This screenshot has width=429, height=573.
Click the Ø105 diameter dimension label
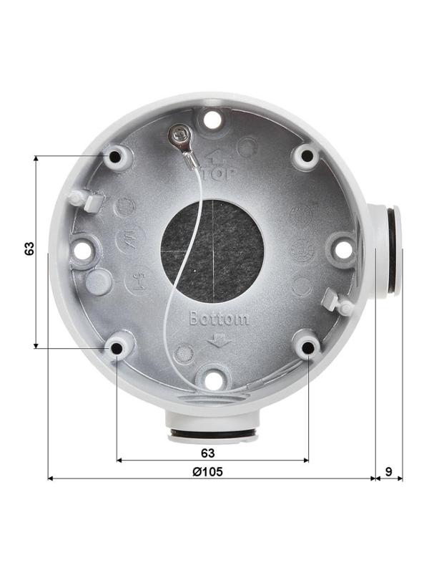coord(207,471)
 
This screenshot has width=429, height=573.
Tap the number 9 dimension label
coord(388,471)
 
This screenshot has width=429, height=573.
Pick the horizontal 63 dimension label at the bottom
coord(207,453)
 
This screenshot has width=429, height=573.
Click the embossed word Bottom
coord(219,319)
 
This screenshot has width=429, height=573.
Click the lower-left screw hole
coord(116,347)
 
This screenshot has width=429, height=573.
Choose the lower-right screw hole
coord(307,347)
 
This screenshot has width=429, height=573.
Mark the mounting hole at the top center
coord(212,118)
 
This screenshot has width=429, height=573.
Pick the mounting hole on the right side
coord(343,249)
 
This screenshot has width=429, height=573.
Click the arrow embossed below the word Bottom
coord(216,341)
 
